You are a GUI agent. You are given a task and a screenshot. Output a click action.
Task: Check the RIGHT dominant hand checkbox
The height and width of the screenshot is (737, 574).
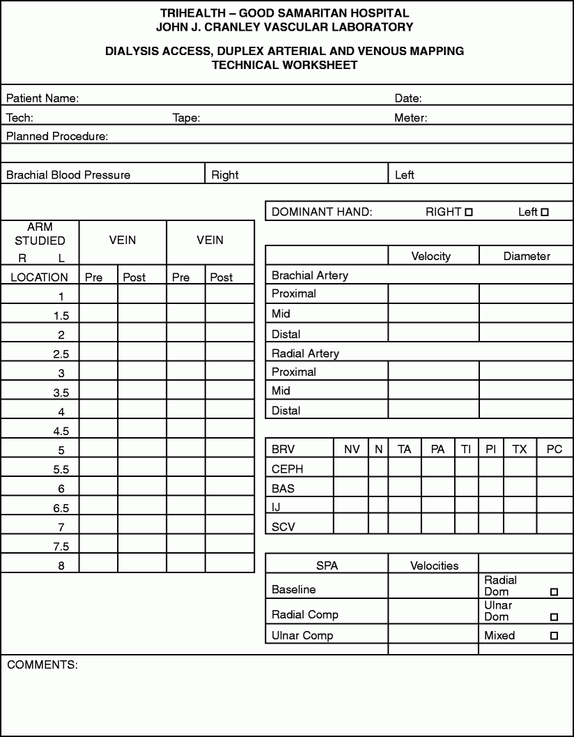[469, 212]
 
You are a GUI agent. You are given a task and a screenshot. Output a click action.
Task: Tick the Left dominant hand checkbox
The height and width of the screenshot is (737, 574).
[545, 212]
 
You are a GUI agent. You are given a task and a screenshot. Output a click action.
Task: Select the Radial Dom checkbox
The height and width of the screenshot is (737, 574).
[554, 592]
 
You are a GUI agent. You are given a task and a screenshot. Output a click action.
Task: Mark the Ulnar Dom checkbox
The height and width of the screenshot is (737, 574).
[554, 617]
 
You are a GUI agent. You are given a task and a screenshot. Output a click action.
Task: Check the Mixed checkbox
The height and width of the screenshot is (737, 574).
[554, 635]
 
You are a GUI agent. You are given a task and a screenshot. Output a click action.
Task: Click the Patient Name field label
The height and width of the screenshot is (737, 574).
[42, 98]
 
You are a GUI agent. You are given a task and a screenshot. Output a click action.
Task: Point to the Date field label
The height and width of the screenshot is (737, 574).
[408, 98]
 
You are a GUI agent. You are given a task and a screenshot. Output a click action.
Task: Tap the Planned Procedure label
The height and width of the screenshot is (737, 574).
[57, 136]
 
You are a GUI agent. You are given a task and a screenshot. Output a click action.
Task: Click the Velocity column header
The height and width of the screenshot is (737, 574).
[430, 256]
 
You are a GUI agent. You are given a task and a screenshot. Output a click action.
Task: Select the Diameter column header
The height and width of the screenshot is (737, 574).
[527, 256]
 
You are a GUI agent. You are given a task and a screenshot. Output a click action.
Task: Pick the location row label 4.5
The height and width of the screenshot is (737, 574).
[61, 431]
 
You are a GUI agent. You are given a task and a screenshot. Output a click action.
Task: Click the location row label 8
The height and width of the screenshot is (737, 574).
[61, 565]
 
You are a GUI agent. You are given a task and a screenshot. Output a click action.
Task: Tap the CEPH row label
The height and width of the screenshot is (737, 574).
[288, 469]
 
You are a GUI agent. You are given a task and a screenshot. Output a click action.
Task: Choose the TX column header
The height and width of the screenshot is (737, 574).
[520, 450]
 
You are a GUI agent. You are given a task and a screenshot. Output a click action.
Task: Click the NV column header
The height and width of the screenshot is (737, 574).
[352, 450]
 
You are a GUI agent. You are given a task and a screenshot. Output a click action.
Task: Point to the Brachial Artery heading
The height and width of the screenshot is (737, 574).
[309, 275]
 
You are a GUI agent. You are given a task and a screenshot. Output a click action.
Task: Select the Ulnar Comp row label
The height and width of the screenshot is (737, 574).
[302, 635]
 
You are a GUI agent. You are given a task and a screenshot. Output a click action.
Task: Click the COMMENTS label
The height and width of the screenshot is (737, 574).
[42, 664]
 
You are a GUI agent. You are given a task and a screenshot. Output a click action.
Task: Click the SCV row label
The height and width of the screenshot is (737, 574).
[284, 527]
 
